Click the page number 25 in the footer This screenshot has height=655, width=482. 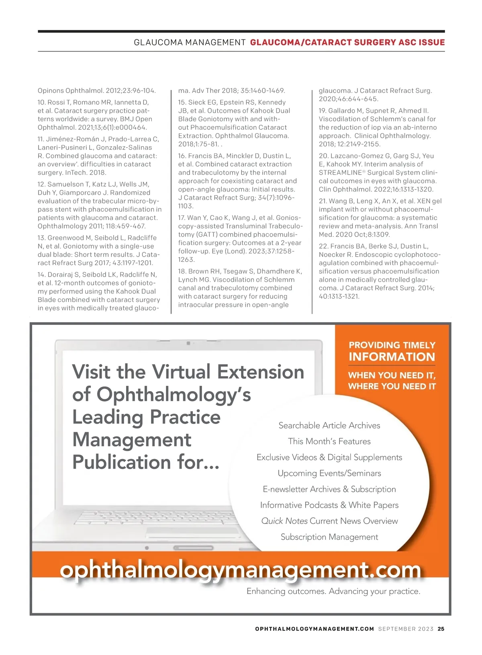coord(441,629)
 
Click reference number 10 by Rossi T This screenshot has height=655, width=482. coord(41,102)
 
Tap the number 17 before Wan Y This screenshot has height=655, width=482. coord(182,218)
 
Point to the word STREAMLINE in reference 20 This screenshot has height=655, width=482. coord(340,173)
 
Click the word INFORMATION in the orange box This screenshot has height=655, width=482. coord(392,357)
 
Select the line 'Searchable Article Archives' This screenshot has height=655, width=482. coord(329,425)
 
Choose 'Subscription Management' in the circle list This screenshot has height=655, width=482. coord(329,537)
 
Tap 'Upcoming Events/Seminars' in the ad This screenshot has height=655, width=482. coord(329,473)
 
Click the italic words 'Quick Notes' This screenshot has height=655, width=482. coord(284,521)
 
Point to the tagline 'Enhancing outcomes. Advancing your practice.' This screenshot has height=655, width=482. coord(333,591)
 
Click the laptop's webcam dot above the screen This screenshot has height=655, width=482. coord(188,343)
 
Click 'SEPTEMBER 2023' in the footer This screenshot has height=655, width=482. coord(406,629)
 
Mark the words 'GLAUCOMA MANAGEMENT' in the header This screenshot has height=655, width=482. coord(190,43)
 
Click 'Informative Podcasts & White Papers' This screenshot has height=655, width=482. coord(329,505)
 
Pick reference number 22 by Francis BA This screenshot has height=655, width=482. coord(323,246)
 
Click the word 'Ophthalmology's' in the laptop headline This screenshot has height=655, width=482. coord(174,395)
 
